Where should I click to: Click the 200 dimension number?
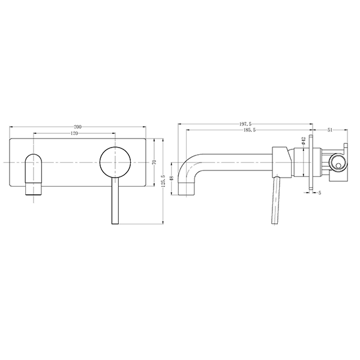pos(78,127)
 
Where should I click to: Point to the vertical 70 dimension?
pos(154,162)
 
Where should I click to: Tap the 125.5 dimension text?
pos(163,181)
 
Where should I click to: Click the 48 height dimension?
pos(172,178)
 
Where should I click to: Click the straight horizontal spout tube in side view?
pos(240,162)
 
